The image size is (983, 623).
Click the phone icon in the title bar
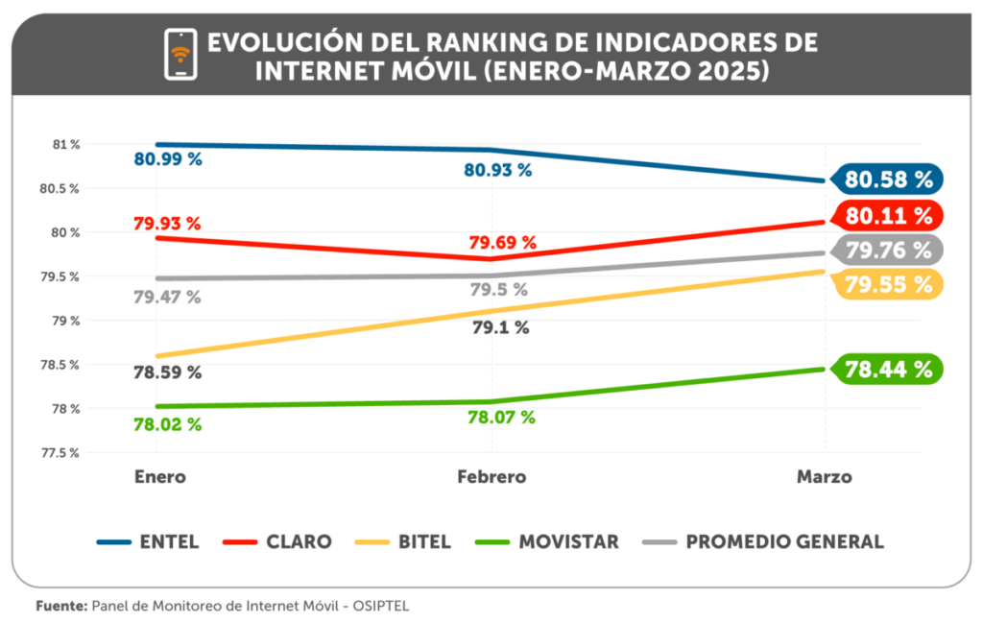click(x=180, y=55)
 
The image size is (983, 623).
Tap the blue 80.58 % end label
click(x=888, y=180)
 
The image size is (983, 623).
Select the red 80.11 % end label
click(x=888, y=215)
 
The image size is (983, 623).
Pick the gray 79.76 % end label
click(x=888, y=251)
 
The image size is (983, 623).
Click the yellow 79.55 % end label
click(x=888, y=284)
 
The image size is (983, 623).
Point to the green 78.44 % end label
click(x=888, y=369)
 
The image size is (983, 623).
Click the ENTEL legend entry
click(x=149, y=541)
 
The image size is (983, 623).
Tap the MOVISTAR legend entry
click(x=547, y=541)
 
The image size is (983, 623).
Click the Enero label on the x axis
click(x=159, y=476)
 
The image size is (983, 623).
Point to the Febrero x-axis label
click(x=491, y=476)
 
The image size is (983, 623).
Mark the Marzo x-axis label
click(x=824, y=476)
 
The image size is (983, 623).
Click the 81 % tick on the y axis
click(x=66, y=145)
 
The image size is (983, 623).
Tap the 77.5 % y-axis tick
click(x=61, y=452)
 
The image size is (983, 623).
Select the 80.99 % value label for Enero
click(x=168, y=159)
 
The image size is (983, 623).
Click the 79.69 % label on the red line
click(x=502, y=243)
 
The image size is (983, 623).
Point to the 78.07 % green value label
click(x=501, y=418)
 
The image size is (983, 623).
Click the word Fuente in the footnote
click(x=61, y=607)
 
